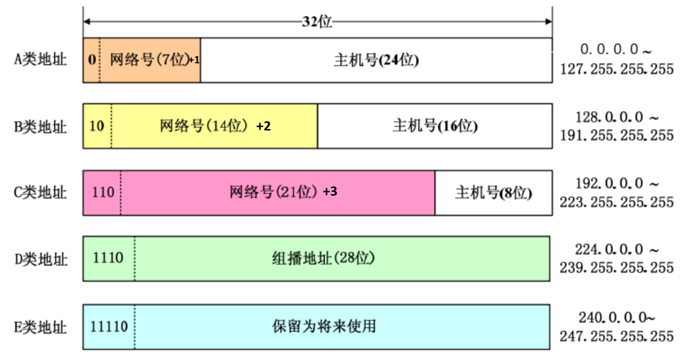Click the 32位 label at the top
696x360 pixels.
point(317,22)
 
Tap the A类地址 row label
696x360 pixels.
point(41,59)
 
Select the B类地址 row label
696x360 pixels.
point(41,127)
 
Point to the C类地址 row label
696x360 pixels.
point(41,192)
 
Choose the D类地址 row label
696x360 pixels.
point(41,259)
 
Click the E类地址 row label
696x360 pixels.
point(41,327)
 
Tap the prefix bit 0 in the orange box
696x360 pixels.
point(92,59)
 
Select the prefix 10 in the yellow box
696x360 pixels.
point(97,126)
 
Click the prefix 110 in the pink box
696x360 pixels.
point(103,192)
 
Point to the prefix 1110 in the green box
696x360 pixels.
point(108,258)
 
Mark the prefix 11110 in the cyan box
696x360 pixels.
point(109,326)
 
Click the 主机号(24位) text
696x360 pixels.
point(376,60)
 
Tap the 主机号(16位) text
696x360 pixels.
point(435,126)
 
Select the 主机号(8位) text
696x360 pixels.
point(493,193)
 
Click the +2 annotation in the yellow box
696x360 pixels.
point(263,126)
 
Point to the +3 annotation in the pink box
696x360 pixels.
point(330,191)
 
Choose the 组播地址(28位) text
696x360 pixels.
point(323,258)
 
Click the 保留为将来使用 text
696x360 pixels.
point(324,326)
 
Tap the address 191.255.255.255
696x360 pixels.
point(617,135)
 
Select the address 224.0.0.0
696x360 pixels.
point(609,249)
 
